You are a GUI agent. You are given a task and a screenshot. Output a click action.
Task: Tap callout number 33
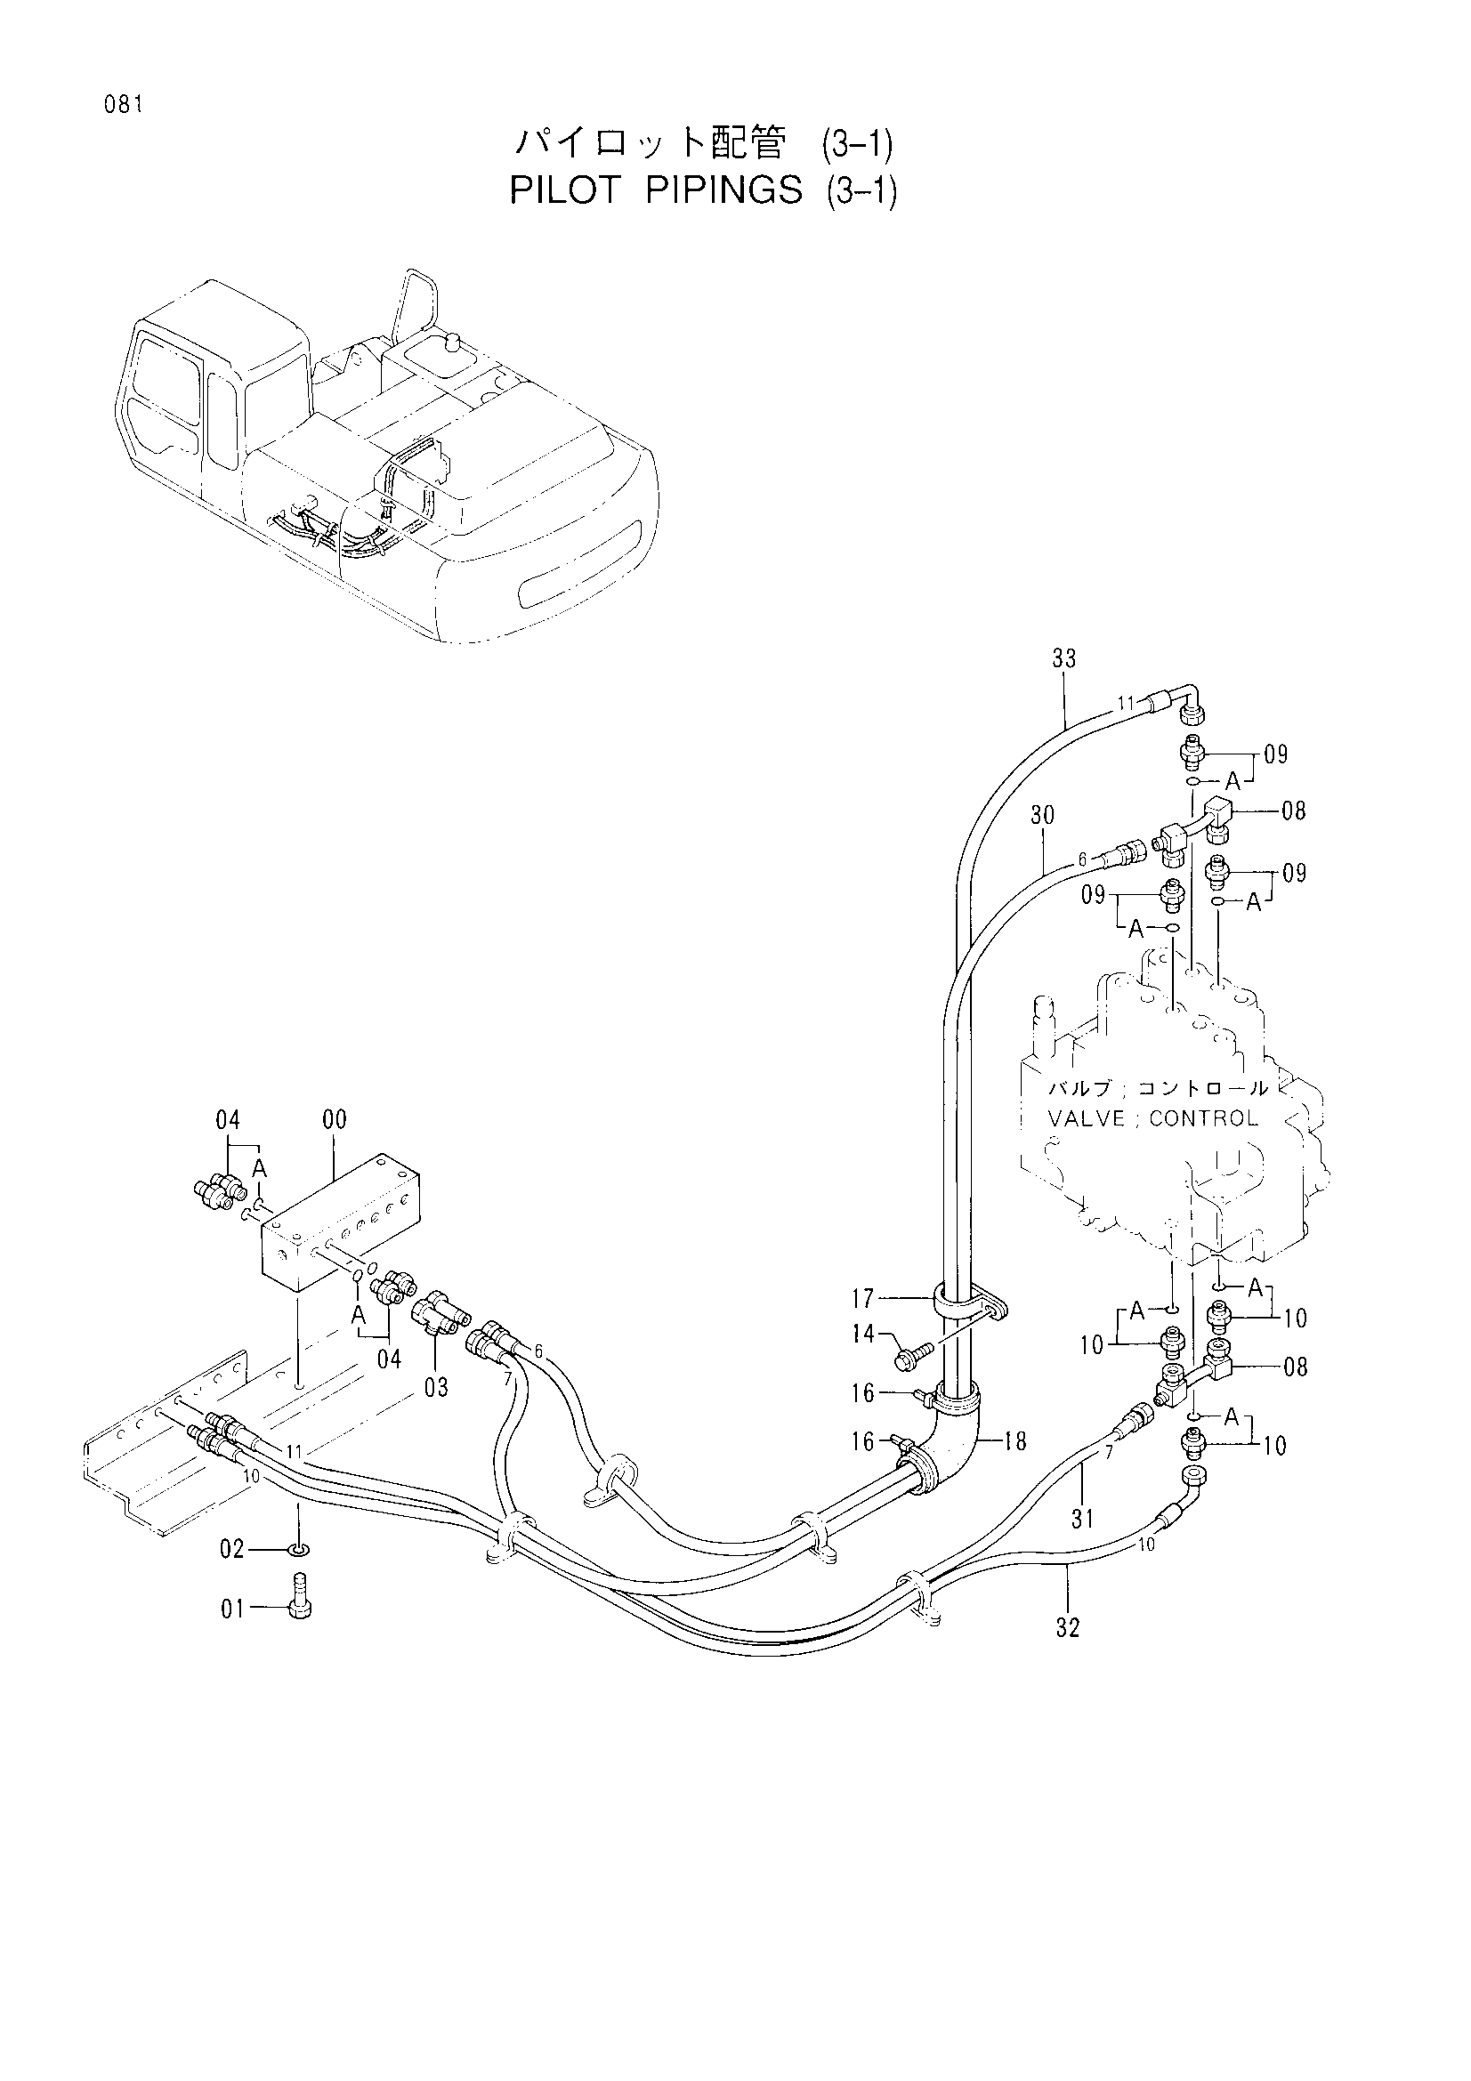(1064, 659)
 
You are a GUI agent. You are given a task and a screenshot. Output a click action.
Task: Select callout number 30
(1042, 816)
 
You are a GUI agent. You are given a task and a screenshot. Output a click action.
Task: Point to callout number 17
(863, 1300)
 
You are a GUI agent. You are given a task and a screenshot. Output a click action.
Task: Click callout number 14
(863, 1334)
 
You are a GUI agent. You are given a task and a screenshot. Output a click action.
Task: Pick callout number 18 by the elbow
(1015, 1441)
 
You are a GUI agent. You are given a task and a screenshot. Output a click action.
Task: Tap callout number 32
(1068, 1628)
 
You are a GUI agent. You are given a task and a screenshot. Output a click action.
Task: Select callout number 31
(1083, 1518)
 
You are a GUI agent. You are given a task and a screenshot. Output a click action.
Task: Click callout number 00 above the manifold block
(335, 1120)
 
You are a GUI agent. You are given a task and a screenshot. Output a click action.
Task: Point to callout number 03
(436, 1388)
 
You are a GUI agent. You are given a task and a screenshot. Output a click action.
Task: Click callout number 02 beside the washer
(232, 1549)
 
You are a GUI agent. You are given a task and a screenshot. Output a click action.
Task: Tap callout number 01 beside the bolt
(232, 1609)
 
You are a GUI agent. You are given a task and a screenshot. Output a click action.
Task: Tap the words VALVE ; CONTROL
(1153, 1118)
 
